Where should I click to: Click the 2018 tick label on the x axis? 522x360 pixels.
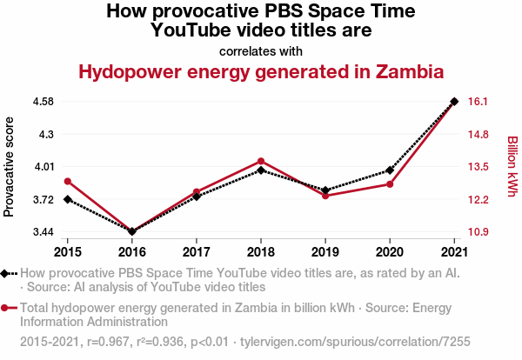click(x=261, y=252)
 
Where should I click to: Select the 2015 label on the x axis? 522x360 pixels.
click(x=68, y=252)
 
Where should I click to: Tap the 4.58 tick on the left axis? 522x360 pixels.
click(x=43, y=102)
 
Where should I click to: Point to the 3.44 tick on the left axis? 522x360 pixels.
click(x=43, y=232)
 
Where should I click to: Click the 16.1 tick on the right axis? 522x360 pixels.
click(x=478, y=102)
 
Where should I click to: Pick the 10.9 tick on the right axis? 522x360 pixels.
click(x=478, y=232)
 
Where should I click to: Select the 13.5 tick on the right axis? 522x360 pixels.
click(x=478, y=167)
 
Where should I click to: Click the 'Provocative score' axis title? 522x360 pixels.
click(x=10, y=166)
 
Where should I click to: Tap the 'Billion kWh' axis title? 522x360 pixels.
click(x=512, y=166)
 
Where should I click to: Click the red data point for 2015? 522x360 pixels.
click(x=68, y=181)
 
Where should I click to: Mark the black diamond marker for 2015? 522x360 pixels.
click(x=68, y=200)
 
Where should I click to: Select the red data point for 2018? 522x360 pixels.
click(x=261, y=161)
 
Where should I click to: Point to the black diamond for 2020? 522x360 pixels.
click(x=390, y=170)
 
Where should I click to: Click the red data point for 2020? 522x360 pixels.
click(x=390, y=184)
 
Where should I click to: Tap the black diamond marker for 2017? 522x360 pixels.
click(x=197, y=197)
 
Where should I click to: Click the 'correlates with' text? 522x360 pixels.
click(x=261, y=50)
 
